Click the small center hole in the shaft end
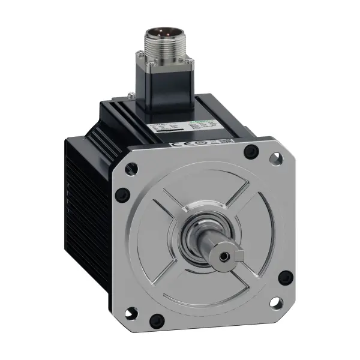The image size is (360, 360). (224, 256)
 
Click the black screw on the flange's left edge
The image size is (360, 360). (122, 194)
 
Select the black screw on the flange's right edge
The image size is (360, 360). (286, 277)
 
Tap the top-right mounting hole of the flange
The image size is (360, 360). (276, 159)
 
